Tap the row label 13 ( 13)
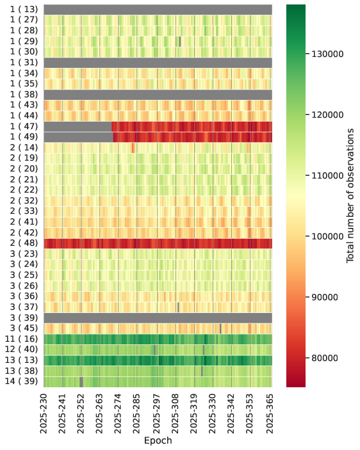tap(21, 360)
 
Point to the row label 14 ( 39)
tap(21, 381)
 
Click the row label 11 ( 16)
tap(21, 339)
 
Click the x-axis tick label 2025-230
tap(44, 414)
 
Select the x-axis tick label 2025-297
tap(156, 414)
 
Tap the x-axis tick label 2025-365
tap(270, 414)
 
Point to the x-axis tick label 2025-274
tap(118, 414)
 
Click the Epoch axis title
tap(158, 440)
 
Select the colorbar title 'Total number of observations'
tap(350, 195)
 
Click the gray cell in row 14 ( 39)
tap(81, 382)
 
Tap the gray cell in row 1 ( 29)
tap(180, 42)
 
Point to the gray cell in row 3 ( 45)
tap(220, 328)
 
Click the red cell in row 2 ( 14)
tap(133, 148)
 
